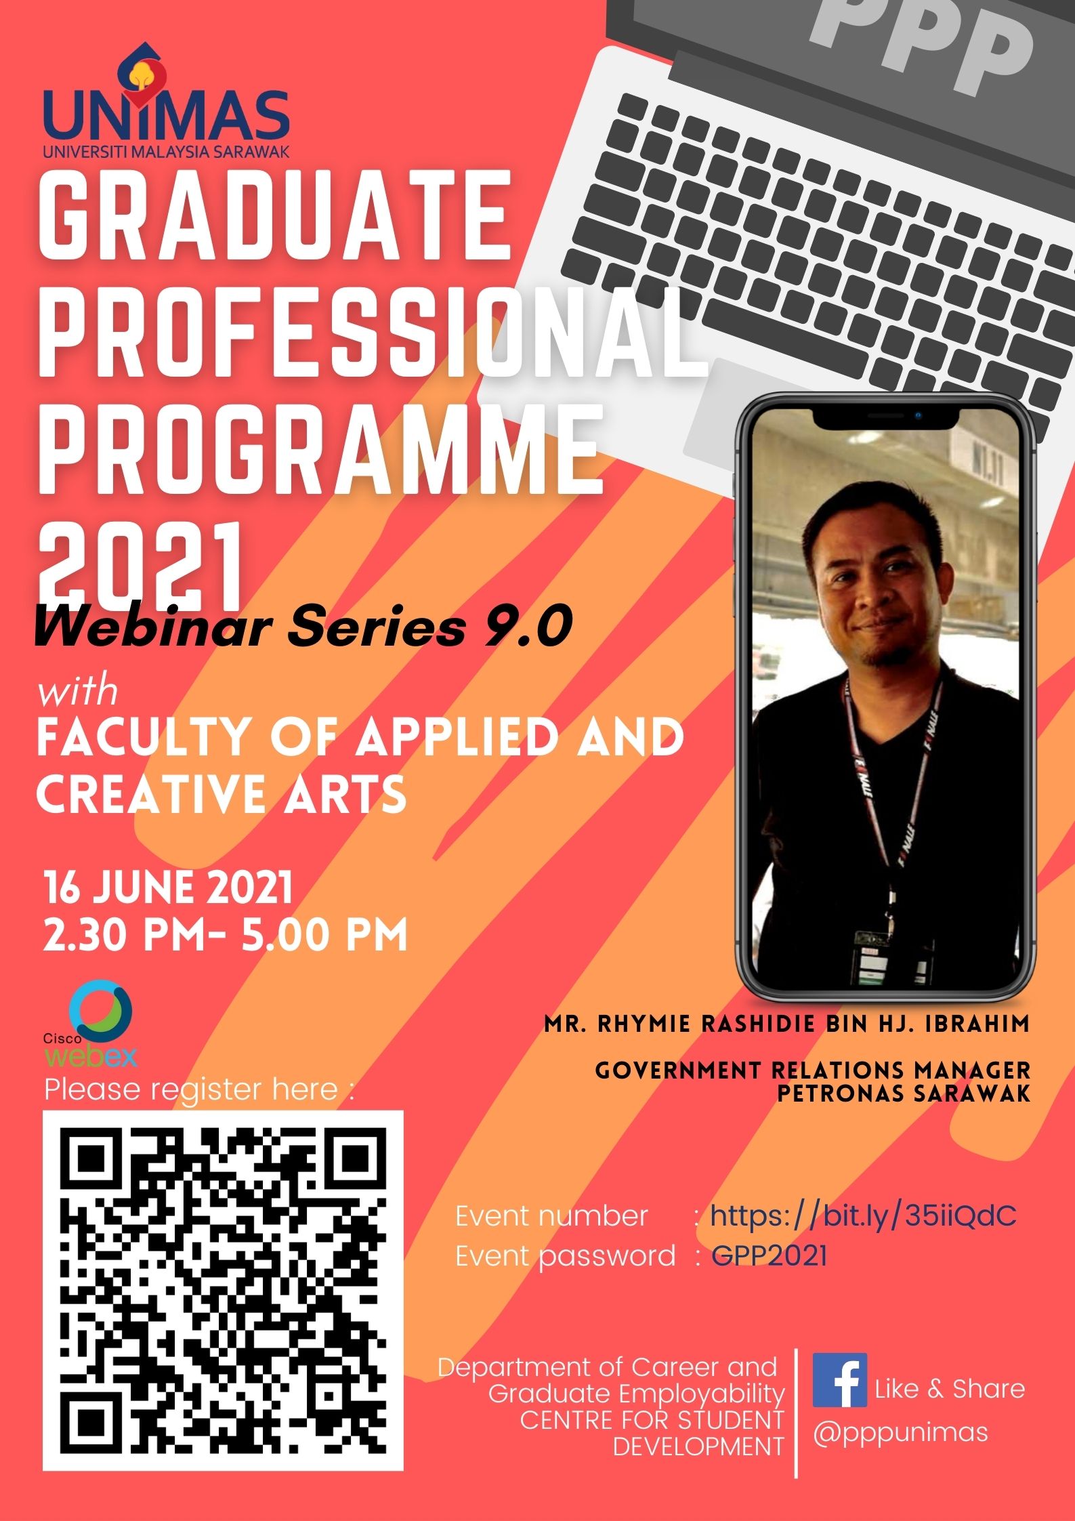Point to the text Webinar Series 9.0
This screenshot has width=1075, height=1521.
pyautogui.click(x=303, y=627)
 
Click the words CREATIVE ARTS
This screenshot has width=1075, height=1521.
pyautogui.click(x=222, y=793)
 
